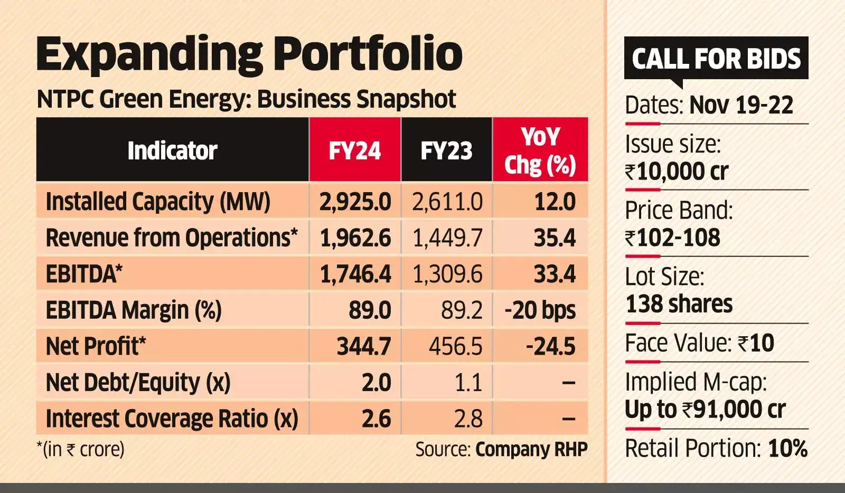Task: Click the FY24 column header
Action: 354,151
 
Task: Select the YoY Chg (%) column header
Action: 540,151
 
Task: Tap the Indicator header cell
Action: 172,151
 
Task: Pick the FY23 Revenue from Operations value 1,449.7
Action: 447,238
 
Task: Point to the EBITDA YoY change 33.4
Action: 554,274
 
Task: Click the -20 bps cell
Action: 540,310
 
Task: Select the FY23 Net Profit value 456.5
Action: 455,347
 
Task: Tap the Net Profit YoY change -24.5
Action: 550,347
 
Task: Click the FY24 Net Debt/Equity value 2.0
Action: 376,383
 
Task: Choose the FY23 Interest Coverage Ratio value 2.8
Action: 468,419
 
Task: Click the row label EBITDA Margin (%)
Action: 134,310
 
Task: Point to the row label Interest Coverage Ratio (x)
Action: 172,419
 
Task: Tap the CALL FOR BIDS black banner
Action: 716,58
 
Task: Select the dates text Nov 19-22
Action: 741,105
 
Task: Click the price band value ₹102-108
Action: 672,238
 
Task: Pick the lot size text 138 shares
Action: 679,305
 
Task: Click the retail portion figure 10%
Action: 787,449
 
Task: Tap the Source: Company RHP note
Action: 501,450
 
